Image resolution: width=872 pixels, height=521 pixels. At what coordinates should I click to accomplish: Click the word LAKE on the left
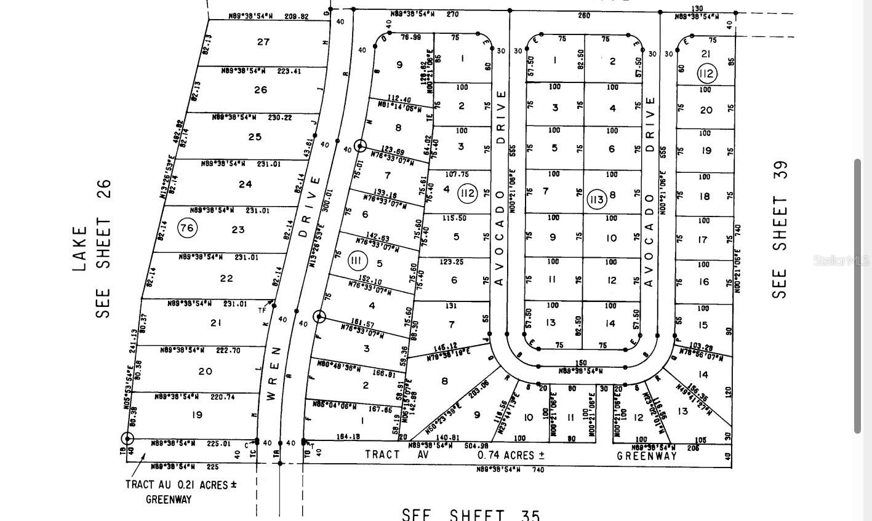[x=80, y=249]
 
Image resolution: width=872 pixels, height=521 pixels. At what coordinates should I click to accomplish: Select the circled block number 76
[x=187, y=228]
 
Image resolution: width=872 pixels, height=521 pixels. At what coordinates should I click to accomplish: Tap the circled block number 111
[x=356, y=260]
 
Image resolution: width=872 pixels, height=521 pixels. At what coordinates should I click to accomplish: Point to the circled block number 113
[x=596, y=199]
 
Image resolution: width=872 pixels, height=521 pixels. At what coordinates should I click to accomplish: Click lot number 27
[x=263, y=42]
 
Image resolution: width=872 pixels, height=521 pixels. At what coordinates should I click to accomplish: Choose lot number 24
[x=245, y=184]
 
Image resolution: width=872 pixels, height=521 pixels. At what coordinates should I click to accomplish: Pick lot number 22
[x=226, y=278]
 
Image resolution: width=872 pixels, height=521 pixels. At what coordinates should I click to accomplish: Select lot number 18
[x=705, y=196]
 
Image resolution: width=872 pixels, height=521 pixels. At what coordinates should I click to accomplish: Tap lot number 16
[x=703, y=282]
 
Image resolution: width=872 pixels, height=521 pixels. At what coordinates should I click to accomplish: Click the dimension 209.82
[x=296, y=17]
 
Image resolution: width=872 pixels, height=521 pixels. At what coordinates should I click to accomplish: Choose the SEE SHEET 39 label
[x=780, y=229]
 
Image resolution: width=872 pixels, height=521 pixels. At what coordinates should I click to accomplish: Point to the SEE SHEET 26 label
[x=103, y=249]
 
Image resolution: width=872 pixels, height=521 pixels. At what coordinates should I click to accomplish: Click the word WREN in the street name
[x=273, y=374]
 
